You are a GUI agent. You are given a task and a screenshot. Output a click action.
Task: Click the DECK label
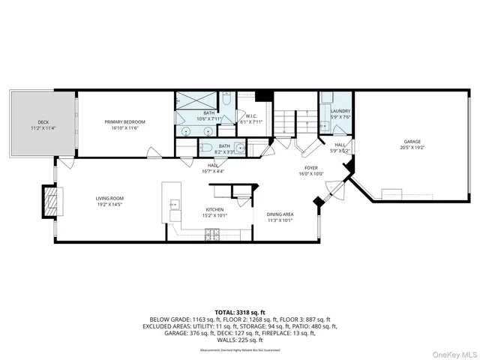42,121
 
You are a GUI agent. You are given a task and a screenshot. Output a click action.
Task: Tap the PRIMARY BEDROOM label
124,121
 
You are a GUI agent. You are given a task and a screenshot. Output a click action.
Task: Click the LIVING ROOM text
109,198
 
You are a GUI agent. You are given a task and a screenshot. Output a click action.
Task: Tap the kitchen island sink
175,204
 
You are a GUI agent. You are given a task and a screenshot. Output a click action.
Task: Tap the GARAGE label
412,142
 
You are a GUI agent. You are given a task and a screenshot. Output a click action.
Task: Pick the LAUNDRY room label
340,111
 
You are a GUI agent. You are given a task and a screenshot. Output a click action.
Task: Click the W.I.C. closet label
251,115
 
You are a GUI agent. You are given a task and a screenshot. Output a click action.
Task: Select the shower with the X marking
194,100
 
